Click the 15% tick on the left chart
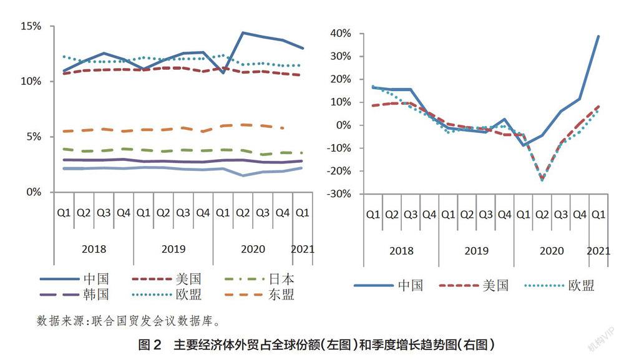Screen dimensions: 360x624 tap(31, 26)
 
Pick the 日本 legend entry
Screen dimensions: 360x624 tap(281, 278)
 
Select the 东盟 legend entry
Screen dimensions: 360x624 tap(281, 294)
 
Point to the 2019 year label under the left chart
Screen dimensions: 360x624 tap(173, 249)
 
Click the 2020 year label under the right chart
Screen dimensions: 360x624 tap(552, 251)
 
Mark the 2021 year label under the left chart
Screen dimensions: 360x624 tap(303, 249)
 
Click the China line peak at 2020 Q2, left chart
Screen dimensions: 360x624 tap(243, 32)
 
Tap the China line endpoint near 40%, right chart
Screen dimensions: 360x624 tap(598, 36)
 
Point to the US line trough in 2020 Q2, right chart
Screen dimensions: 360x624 tap(542, 179)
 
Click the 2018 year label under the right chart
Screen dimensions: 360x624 tap(401, 251)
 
